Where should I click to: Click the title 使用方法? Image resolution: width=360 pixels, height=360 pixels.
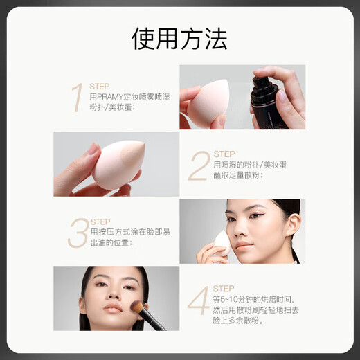(x=180, y=39)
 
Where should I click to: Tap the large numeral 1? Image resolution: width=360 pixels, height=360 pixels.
(x=78, y=98)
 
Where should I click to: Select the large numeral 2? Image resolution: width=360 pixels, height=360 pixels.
(x=199, y=166)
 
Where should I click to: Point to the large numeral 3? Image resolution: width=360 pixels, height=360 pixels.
(x=78, y=233)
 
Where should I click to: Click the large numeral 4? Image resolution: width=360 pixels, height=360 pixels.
(x=199, y=300)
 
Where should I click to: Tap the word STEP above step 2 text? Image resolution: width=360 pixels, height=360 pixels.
(x=224, y=154)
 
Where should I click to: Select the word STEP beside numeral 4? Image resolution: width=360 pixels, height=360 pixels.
(x=224, y=288)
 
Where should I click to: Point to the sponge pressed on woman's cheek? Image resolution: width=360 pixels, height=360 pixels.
(x=222, y=242)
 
